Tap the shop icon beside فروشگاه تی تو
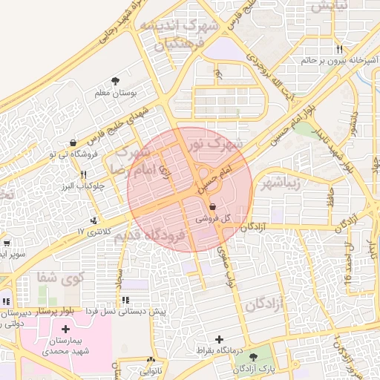click(x=73, y=142)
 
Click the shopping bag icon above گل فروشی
click(x=213, y=207)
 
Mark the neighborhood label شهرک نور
click(x=215, y=142)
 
